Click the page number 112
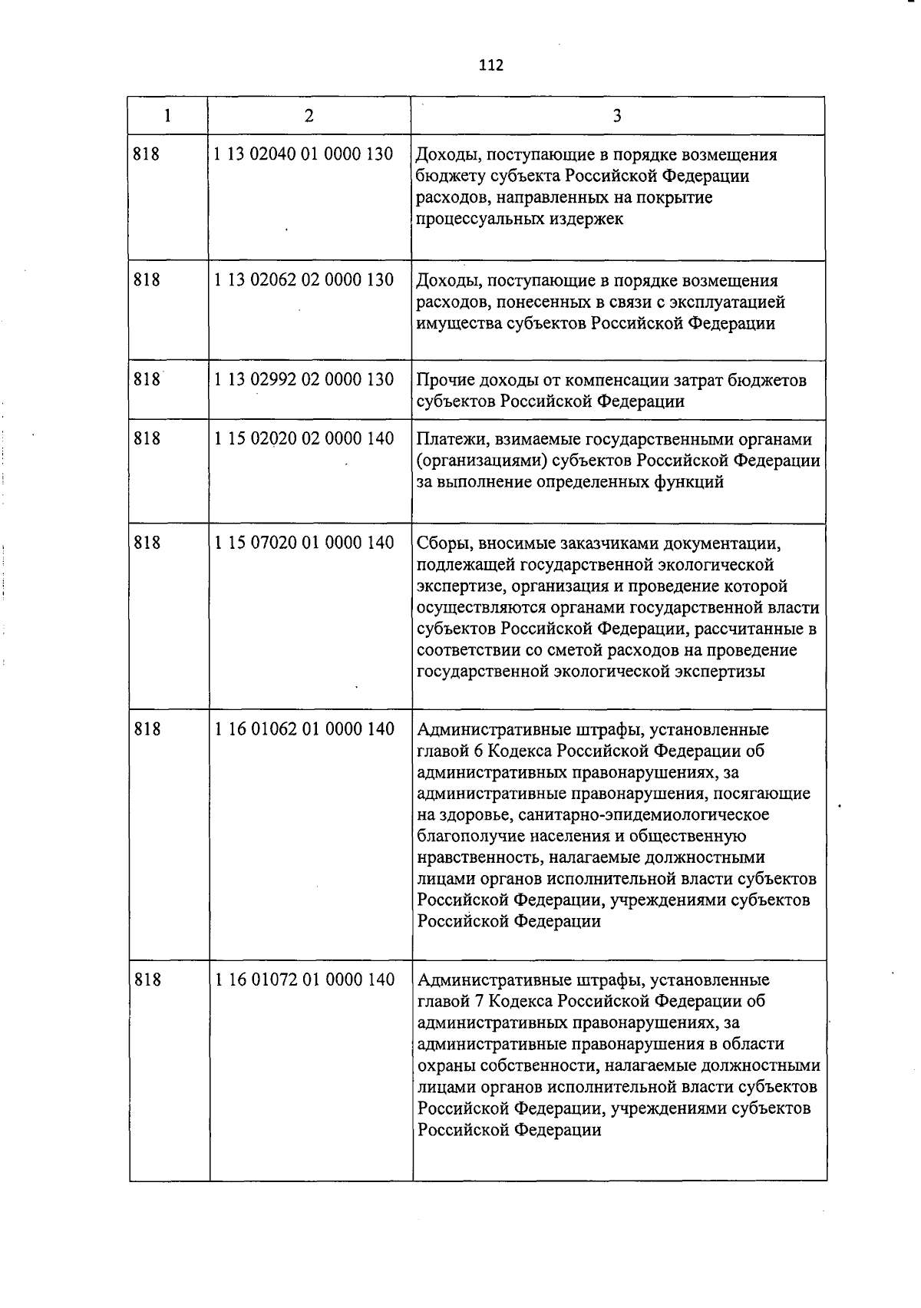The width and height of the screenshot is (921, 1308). coord(490,65)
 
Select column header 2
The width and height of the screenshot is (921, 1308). coord(309,116)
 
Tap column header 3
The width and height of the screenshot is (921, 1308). coord(617,116)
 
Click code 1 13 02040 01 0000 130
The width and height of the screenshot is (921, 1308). coord(304,154)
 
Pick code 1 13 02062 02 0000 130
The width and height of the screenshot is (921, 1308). coord(304,280)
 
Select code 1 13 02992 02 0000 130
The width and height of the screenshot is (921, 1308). coord(304,380)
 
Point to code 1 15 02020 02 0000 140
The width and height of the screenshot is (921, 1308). coord(304,439)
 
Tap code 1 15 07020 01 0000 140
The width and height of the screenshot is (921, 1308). coord(304,543)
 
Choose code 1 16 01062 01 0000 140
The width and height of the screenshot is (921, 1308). coord(304,729)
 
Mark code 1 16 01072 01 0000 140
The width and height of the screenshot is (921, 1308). coord(304,980)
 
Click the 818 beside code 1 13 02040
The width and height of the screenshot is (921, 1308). coord(147,154)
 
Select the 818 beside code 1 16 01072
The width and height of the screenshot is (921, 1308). coord(147,980)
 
